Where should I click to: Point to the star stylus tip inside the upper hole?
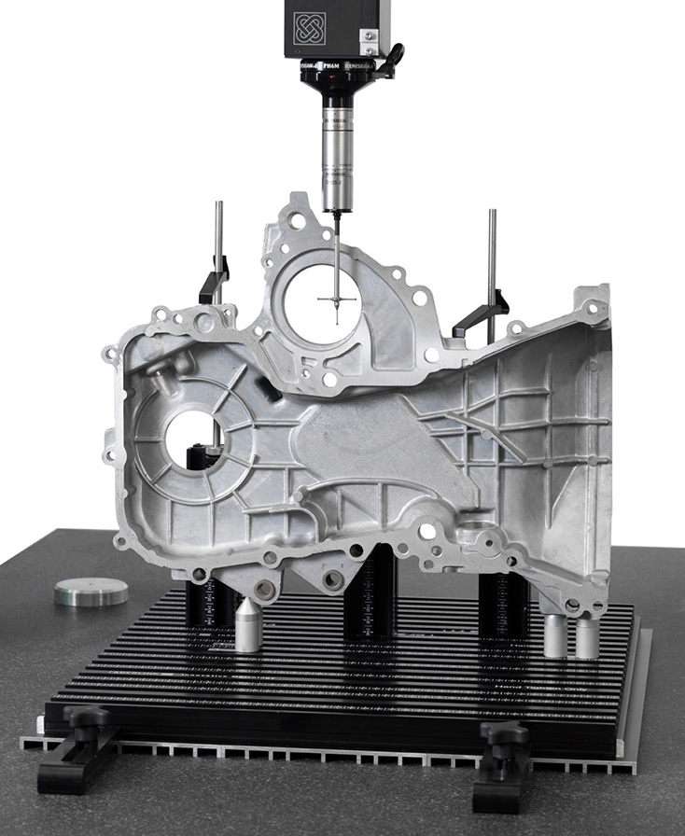coord(337,300)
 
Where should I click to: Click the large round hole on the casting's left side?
coord(192,437)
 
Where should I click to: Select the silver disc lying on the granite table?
coord(91,592)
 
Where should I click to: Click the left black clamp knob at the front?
coord(90,721)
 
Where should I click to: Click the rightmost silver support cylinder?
coord(587,636)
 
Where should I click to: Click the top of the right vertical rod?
coord(492,214)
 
